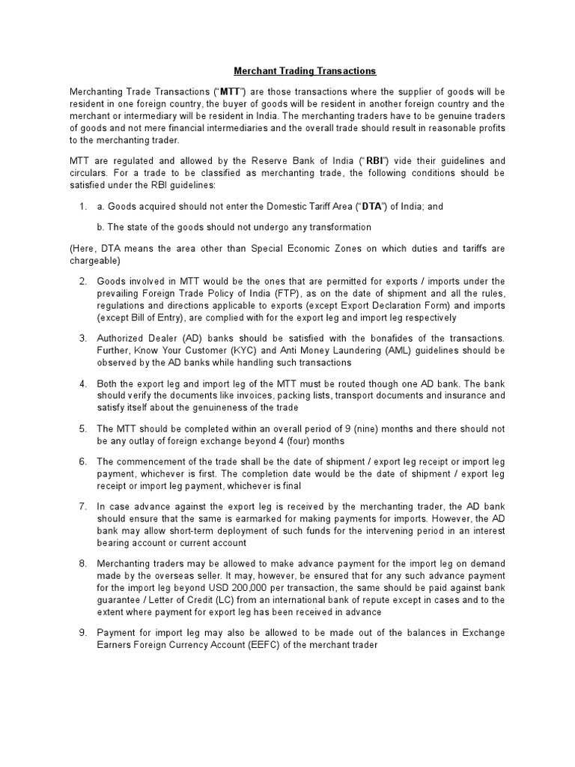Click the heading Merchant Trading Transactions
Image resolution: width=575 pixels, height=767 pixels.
(305, 71)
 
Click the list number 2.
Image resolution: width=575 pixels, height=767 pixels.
(83, 281)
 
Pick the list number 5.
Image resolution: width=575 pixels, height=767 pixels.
(83, 429)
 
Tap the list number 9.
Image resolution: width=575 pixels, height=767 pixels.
(83, 633)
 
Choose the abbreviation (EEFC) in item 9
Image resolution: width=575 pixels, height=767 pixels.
(269, 645)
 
